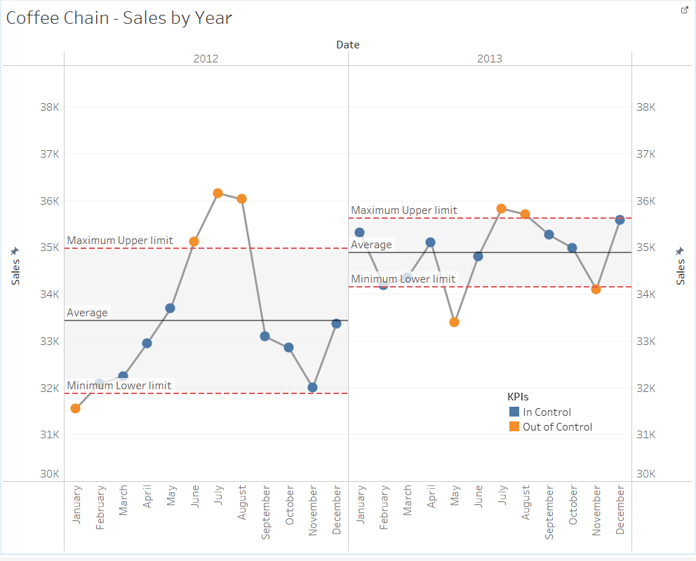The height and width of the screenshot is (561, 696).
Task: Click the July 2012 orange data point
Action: [217, 193]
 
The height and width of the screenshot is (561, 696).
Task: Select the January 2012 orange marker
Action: [75, 408]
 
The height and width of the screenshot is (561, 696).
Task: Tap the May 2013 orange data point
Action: [454, 322]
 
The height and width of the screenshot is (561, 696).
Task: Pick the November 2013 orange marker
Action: [596, 289]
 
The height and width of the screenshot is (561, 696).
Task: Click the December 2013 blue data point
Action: [620, 219]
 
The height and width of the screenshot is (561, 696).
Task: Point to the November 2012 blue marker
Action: [312, 387]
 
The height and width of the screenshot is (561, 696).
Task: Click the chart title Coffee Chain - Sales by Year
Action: [119, 18]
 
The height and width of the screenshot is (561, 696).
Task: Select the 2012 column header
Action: [206, 59]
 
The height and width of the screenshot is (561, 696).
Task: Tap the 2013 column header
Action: [490, 59]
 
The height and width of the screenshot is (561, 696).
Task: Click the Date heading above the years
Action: [347, 45]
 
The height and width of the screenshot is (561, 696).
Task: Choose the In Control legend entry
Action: [547, 412]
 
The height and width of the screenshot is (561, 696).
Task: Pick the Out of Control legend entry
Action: [557, 426]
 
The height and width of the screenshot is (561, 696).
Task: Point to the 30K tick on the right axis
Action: [645, 474]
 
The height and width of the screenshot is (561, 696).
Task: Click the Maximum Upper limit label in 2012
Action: [120, 241]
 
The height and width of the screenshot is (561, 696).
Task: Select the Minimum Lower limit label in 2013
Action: [403, 279]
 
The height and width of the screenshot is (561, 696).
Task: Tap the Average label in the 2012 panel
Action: [88, 313]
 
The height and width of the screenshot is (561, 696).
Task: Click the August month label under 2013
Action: [526, 502]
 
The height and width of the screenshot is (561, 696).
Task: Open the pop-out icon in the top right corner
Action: [685, 10]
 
